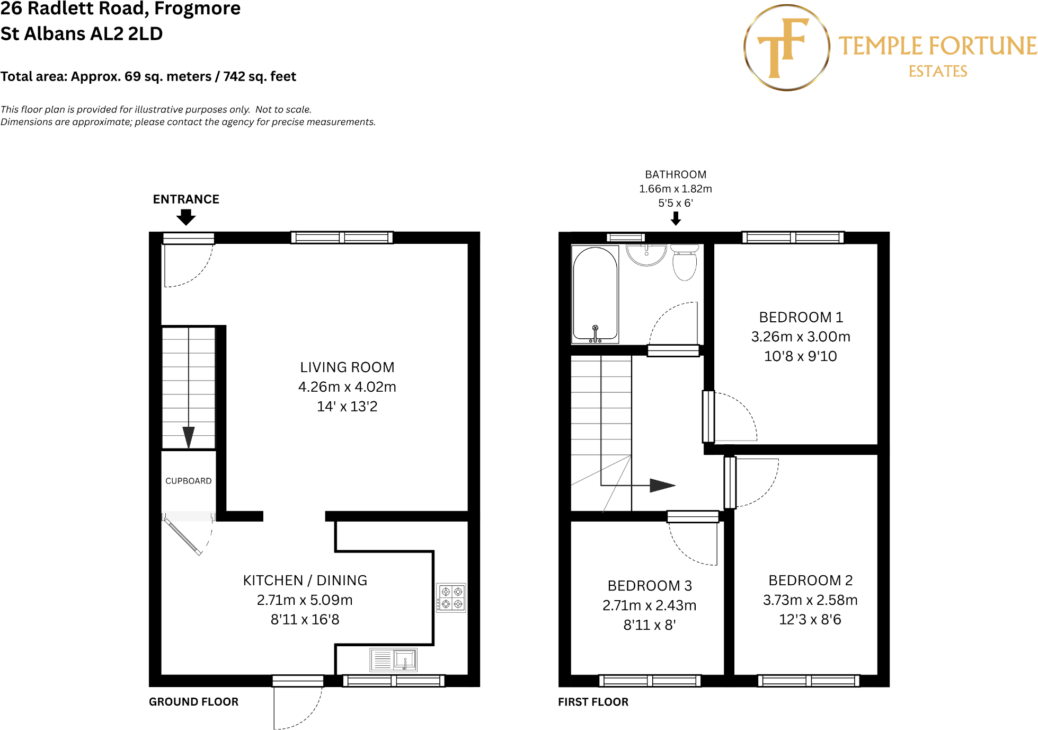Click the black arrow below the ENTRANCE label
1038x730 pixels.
click(x=186, y=217)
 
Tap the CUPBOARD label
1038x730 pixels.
click(x=188, y=481)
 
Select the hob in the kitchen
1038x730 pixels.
click(x=451, y=598)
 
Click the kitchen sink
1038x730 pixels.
click(x=394, y=661)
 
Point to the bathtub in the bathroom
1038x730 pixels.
click(x=595, y=294)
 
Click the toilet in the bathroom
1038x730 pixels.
click(x=685, y=262)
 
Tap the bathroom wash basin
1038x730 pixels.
click(x=646, y=254)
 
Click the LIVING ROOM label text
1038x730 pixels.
click(x=347, y=367)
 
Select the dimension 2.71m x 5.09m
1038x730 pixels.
click(x=305, y=600)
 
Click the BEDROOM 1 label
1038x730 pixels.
click(x=801, y=317)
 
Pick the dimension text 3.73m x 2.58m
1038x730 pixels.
click(x=810, y=600)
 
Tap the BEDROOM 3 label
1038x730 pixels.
click(x=650, y=586)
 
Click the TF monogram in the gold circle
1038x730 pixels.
click(x=784, y=48)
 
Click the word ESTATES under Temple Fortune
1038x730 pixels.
click(x=937, y=72)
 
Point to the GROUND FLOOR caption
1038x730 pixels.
click(x=193, y=702)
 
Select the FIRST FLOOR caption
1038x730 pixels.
click(x=593, y=702)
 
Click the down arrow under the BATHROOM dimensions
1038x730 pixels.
click(x=676, y=218)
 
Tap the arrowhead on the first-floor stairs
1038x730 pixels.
click(x=662, y=485)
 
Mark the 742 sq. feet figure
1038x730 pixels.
click(x=259, y=77)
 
